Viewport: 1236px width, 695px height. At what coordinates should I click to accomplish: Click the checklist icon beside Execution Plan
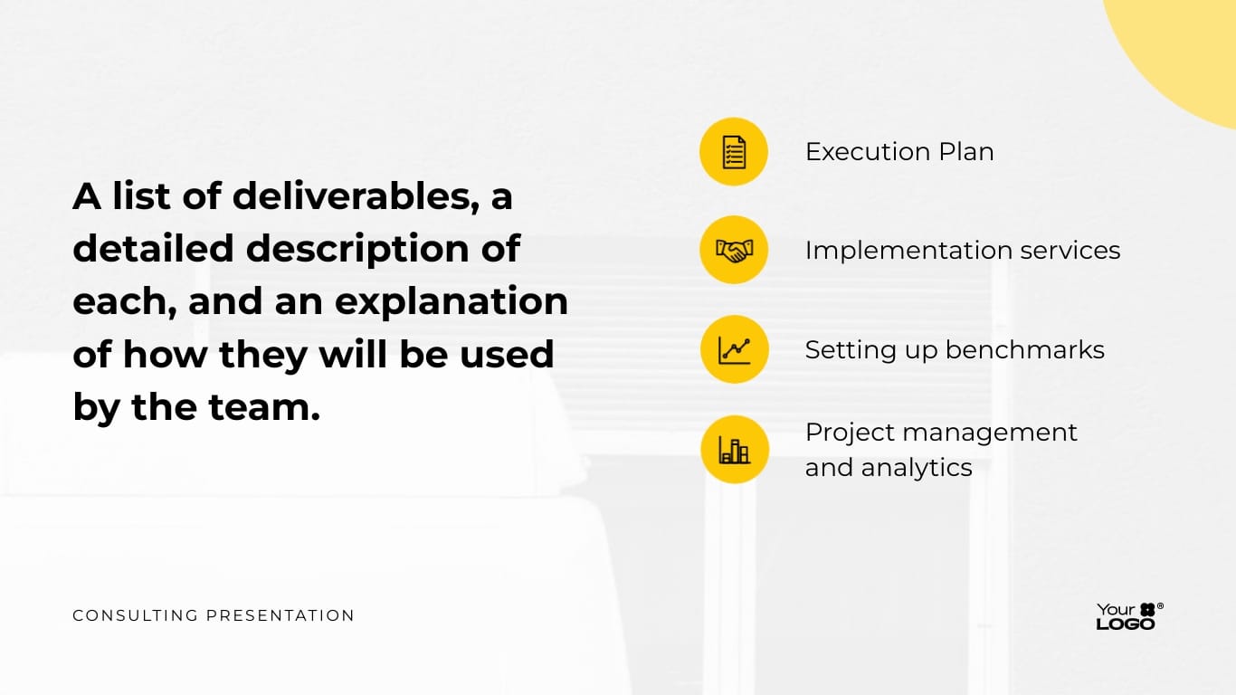tap(734, 151)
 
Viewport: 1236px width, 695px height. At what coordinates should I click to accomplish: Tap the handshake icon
tap(734, 251)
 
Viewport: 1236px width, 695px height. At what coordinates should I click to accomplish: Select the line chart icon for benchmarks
tap(734, 349)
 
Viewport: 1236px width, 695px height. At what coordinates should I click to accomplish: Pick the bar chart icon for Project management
tap(734, 449)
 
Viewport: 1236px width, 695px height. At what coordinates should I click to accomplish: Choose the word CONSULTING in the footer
tap(135, 615)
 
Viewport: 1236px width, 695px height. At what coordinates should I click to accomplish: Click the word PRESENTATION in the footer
tap(280, 615)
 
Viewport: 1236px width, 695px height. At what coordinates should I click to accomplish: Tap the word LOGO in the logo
tap(1126, 624)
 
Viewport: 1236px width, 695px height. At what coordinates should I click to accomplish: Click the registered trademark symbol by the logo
tap(1160, 606)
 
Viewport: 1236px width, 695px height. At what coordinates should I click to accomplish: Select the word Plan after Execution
tap(966, 151)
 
